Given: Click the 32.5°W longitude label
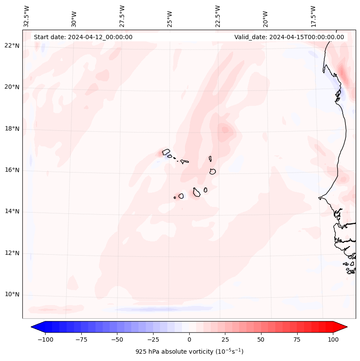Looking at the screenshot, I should click(x=27, y=16).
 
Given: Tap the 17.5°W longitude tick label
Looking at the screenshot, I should click(x=313, y=16).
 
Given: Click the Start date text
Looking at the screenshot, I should click(x=83, y=37).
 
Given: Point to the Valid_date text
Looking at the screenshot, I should click(x=289, y=37).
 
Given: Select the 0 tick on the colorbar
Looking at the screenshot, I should click(x=189, y=339).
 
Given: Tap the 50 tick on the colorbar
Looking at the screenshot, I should click(x=261, y=339).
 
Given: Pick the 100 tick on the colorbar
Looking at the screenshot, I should click(x=333, y=339).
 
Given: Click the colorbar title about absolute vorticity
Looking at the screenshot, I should click(x=189, y=352).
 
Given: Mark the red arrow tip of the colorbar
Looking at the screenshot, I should click(x=346, y=327).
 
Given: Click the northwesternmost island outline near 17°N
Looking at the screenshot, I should click(x=166, y=151).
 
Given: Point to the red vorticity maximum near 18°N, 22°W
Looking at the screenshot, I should click(x=225, y=129).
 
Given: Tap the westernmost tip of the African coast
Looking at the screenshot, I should click(x=319, y=198).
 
